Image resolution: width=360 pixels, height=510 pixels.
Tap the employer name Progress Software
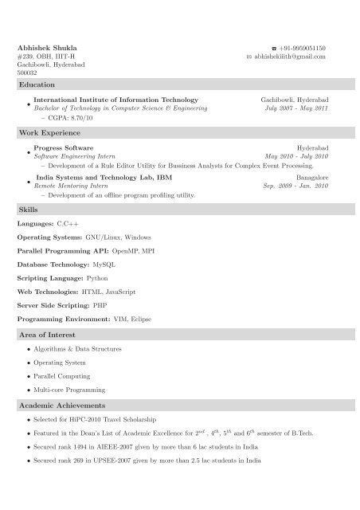pyautogui.click(x=65, y=148)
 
